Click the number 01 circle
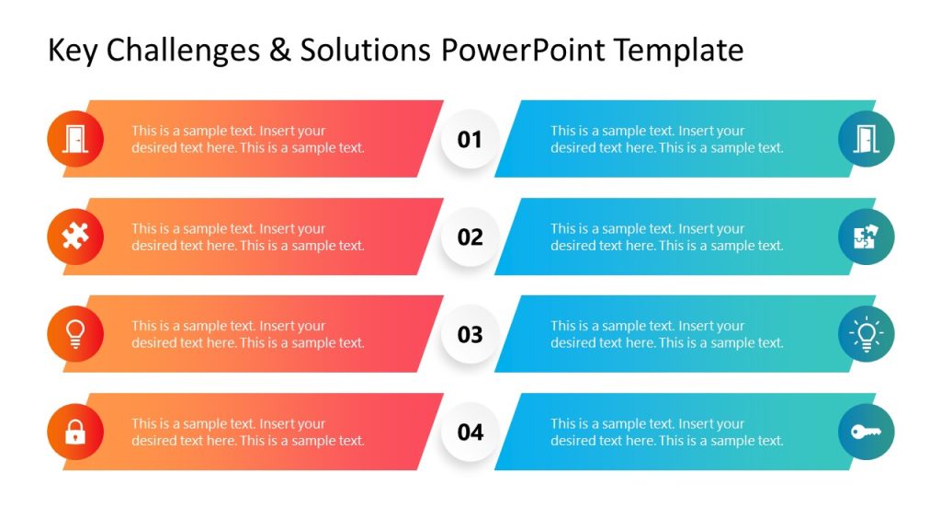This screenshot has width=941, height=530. click(470, 139)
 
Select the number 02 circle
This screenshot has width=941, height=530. click(470, 236)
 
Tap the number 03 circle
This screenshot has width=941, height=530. click(470, 334)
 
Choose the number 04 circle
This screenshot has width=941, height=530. click(470, 432)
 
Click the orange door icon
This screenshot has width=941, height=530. click(75, 139)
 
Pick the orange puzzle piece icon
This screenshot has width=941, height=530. click(75, 236)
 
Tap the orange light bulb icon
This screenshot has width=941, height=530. click(75, 334)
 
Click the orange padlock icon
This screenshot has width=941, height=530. click(75, 432)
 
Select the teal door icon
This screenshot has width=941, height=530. click(866, 139)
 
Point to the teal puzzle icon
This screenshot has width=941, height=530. click(866, 236)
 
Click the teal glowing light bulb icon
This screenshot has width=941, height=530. click(866, 334)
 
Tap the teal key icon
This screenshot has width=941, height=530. click(866, 432)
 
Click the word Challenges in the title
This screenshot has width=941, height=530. click(183, 50)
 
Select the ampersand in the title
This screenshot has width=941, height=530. click(278, 50)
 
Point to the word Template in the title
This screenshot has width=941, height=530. click(678, 50)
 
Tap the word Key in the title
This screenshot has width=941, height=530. click(74, 50)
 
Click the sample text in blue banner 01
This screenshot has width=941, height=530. click(666, 139)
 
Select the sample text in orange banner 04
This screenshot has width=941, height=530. click(247, 432)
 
